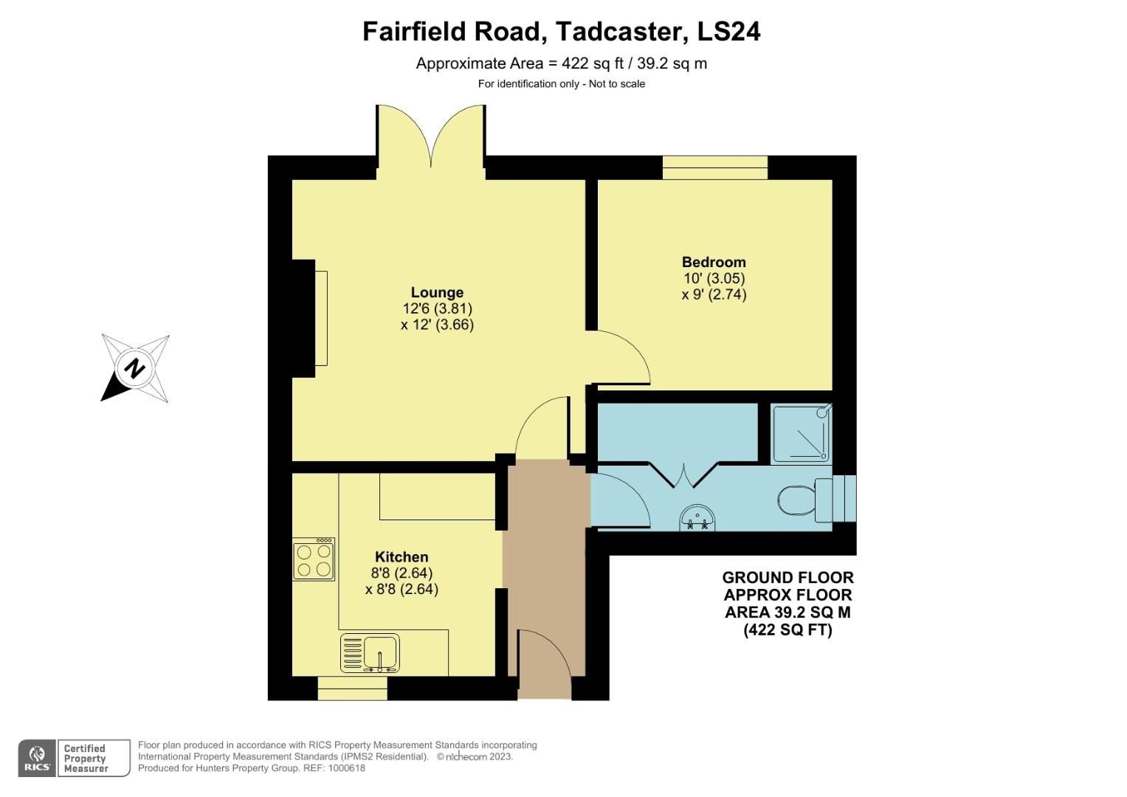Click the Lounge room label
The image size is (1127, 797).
point(437,292)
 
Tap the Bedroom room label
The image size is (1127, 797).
point(713,262)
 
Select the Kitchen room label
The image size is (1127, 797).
point(401,557)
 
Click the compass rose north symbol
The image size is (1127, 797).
point(135,368)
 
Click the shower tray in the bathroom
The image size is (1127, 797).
point(801,433)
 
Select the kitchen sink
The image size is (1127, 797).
point(370,653)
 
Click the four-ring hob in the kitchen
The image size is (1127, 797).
point(314,559)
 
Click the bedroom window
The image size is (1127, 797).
point(714,168)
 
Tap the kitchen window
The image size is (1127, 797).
point(352,689)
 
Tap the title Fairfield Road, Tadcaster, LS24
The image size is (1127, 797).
point(561,32)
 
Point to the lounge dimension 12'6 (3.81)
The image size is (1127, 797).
point(437,308)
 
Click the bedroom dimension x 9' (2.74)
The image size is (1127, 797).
point(713,294)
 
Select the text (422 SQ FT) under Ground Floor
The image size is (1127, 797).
point(787,630)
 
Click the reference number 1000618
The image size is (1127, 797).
point(347,768)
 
